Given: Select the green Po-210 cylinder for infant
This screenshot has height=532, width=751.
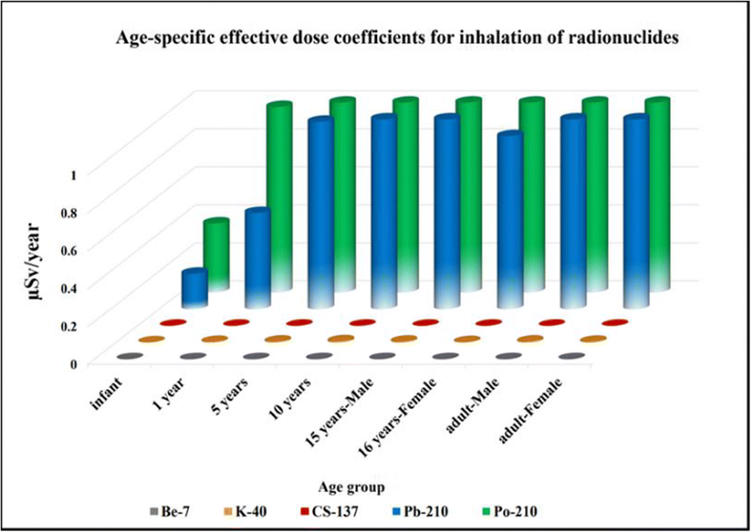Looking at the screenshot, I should [216, 253].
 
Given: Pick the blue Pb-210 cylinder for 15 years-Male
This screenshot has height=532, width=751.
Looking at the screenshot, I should [446, 213].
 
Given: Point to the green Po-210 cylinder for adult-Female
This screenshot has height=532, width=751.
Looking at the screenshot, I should [657, 194].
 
